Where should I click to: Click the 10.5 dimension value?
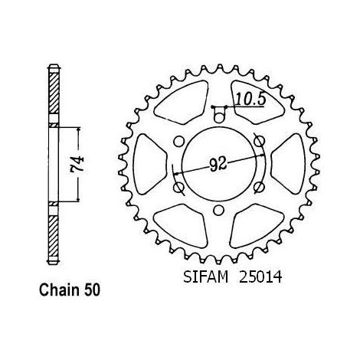click(x=250, y=99)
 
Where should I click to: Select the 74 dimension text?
click(x=78, y=163)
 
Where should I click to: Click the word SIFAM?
click(x=205, y=277)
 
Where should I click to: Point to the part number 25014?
click(x=260, y=277)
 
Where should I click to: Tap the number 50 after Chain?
click(x=91, y=290)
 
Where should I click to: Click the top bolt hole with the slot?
click(x=218, y=115)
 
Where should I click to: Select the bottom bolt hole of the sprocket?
click(x=218, y=211)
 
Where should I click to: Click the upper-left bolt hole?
click(x=178, y=141)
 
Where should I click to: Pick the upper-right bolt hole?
click(x=259, y=141)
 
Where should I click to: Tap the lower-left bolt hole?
click(x=178, y=187)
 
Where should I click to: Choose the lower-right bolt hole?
click(x=259, y=187)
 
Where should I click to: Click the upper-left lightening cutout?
click(x=182, y=103)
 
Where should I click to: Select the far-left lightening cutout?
click(x=149, y=164)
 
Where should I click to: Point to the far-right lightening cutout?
click(x=288, y=164)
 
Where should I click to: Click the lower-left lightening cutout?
click(x=182, y=226)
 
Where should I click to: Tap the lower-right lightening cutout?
click(x=257, y=226)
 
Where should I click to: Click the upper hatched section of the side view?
click(x=54, y=93)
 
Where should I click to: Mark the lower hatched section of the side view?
click(x=54, y=237)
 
